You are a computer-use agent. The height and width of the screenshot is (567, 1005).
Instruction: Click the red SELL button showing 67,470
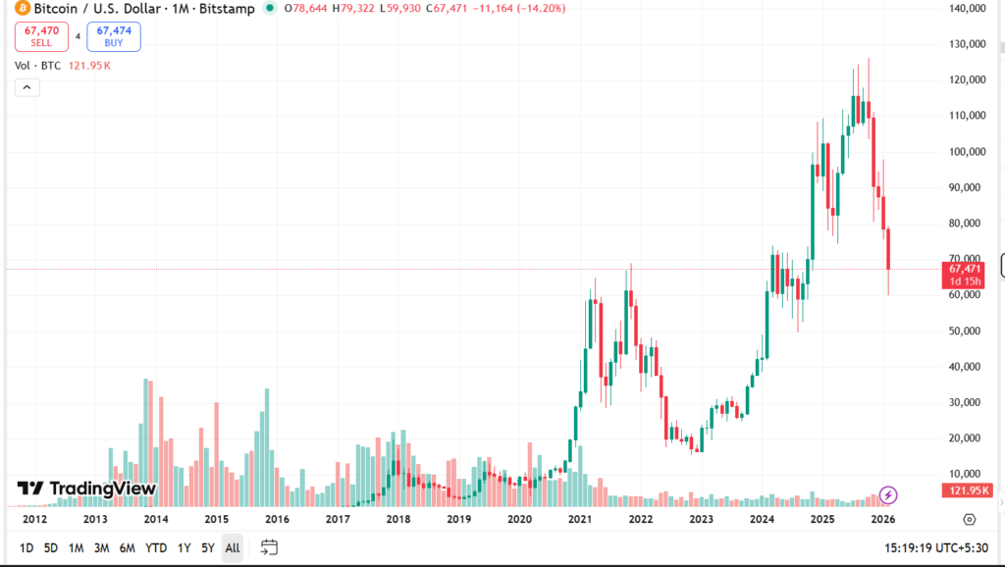click(x=41, y=36)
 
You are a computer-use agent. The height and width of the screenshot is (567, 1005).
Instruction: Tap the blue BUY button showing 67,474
click(x=113, y=36)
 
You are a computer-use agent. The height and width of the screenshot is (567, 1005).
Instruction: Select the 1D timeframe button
click(x=26, y=547)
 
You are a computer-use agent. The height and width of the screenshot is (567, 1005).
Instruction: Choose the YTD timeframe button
click(x=156, y=547)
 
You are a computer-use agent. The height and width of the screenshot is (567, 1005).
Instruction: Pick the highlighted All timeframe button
click(x=233, y=547)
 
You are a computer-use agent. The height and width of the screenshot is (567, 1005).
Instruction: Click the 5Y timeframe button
click(x=207, y=547)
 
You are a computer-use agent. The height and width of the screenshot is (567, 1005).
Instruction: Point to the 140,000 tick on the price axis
click(x=967, y=8)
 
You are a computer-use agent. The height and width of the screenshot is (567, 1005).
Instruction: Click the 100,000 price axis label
click(x=967, y=151)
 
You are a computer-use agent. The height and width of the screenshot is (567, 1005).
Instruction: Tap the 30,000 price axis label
click(x=967, y=402)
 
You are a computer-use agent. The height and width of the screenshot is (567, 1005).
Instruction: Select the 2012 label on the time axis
click(x=34, y=519)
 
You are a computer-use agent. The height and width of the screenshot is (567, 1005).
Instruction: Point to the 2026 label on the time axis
click(x=883, y=519)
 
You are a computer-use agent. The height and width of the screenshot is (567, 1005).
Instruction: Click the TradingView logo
click(x=86, y=489)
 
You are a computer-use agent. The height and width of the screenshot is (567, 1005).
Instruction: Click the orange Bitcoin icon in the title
click(x=23, y=9)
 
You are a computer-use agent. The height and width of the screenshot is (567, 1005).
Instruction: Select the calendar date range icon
click(x=269, y=547)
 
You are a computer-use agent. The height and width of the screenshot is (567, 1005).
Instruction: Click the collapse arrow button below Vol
click(x=26, y=87)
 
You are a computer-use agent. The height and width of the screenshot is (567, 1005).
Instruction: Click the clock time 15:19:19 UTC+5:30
click(x=936, y=547)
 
